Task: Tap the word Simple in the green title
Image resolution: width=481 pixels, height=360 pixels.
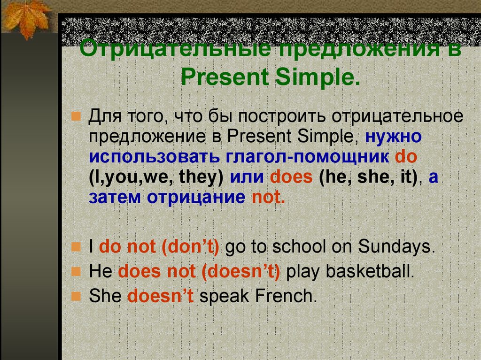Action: point(318,77)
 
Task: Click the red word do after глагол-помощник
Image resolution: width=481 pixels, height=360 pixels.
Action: point(406,156)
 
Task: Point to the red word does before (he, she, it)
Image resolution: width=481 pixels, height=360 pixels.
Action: point(291,177)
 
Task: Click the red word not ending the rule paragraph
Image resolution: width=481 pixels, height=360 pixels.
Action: point(268,197)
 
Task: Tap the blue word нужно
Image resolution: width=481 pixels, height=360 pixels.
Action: point(393,137)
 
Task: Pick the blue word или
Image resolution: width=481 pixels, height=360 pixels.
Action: point(247,177)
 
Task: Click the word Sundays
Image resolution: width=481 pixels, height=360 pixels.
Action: point(396,246)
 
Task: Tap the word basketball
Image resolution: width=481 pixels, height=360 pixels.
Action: point(370,271)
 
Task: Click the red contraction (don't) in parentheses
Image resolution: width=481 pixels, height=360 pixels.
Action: point(190,247)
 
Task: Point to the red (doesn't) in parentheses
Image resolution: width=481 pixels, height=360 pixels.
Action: point(241,272)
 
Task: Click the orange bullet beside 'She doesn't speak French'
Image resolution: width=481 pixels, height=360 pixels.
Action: point(76,297)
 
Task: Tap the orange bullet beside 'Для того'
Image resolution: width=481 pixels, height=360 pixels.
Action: point(76,116)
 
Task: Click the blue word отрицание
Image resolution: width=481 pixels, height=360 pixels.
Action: point(196,198)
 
